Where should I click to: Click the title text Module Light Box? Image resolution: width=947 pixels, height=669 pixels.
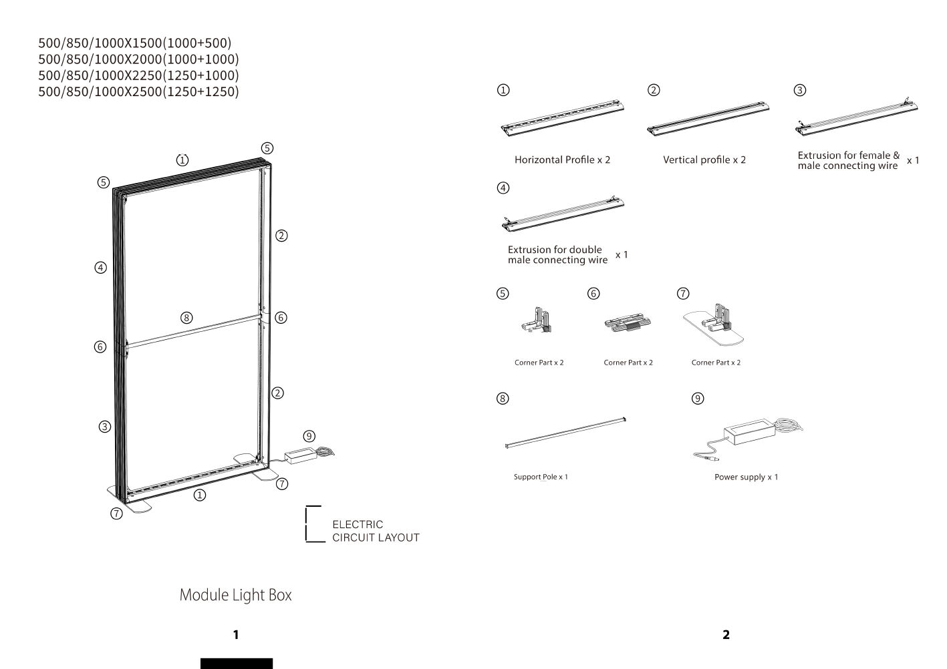pos(235,595)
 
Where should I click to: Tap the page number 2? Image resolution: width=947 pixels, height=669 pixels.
pos(726,634)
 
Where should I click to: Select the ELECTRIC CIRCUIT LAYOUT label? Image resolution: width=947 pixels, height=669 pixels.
pos(376,531)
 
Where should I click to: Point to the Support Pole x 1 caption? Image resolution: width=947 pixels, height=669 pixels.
pos(541,477)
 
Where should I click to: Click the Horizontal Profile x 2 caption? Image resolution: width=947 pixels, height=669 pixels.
pos(562,160)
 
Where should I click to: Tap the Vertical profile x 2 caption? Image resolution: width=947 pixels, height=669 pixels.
pos(704,160)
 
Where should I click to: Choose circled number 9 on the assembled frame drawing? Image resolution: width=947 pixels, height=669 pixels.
pos(309,436)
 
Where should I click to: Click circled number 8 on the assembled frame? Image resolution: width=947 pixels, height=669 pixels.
pos(186,318)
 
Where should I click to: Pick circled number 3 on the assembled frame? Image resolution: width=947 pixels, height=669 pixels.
pos(104,427)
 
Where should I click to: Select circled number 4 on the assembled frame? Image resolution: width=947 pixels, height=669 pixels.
pos(100,268)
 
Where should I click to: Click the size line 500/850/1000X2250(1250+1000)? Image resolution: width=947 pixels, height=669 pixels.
pos(138,75)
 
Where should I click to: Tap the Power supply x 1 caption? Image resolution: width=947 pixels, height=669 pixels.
pos(746,477)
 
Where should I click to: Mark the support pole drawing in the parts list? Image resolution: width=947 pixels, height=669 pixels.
pos(567,431)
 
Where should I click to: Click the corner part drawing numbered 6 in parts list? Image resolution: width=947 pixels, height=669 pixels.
pos(627,324)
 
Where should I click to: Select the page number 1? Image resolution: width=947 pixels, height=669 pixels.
pos(235,634)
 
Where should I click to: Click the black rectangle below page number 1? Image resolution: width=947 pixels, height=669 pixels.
pos(237,663)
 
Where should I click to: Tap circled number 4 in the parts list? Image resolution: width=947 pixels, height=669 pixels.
pos(503,188)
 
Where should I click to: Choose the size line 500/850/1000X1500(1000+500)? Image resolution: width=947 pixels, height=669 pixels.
pos(135,43)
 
